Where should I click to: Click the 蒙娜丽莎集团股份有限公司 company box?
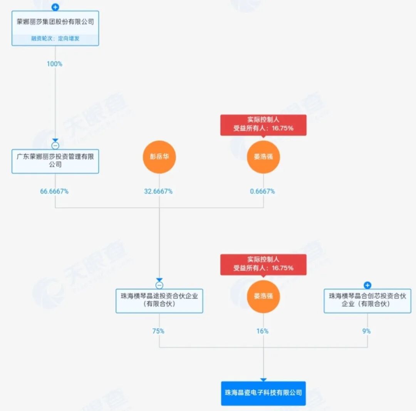(x=55, y=22)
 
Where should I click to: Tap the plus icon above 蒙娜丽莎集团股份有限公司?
(x=55, y=7)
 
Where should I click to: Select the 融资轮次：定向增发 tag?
(x=55, y=38)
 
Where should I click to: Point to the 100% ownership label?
(x=54, y=64)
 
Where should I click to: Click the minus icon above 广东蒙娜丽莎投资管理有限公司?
(x=55, y=146)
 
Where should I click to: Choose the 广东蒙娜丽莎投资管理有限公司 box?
(x=55, y=161)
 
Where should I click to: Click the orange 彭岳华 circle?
(x=159, y=157)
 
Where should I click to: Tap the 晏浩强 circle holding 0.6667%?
(x=263, y=157)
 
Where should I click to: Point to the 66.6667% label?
(x=54, y=191)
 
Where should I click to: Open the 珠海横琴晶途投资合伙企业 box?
(x=159, y=300)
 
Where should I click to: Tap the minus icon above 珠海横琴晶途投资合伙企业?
(x=159, y=285)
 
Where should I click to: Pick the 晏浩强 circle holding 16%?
(x=263, y=297)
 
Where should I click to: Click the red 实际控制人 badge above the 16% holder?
(x=263, y=264)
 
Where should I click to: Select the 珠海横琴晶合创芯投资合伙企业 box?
(x=367, y=300)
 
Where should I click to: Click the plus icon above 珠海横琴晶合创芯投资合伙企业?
(x=367, y=285)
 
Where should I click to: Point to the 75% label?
(x=158, y=331)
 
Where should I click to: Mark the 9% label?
(x=366, y=331)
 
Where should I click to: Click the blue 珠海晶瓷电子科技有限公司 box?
(x=263, y=393)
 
